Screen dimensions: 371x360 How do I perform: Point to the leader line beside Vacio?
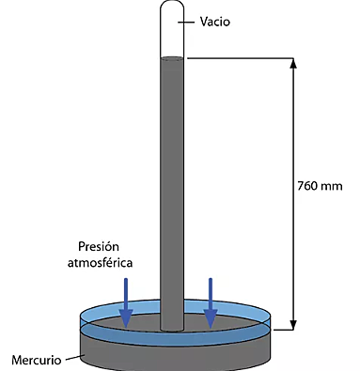tap(193, 22)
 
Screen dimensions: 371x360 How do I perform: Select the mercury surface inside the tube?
tap(172, 60)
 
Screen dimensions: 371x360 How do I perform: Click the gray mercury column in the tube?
tap(172, 188)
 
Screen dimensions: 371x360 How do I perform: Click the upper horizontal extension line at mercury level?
tap(240, 60)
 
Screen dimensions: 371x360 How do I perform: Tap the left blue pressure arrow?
tap(125, 301)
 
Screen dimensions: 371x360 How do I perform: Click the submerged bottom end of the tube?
tap(172, 327)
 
